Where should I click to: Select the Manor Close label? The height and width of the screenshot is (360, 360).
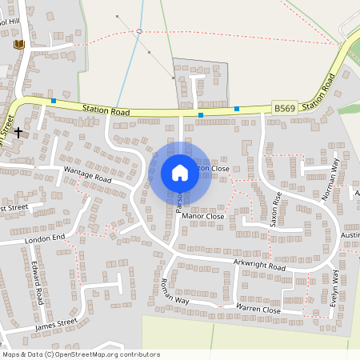pos(203,216)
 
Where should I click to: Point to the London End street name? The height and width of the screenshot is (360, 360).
pos(44,238)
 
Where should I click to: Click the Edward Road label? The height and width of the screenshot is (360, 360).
pos(38,285)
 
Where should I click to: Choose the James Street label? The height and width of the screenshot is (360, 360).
pos(56,324)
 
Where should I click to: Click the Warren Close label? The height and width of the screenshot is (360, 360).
pos(258,309)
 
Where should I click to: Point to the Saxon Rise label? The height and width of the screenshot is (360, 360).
pos(275,210)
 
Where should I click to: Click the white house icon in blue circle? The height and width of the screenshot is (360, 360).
pos(180,173)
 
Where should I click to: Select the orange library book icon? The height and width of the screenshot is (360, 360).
pos(19,44)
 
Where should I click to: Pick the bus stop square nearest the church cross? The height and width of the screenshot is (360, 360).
pos(53,102)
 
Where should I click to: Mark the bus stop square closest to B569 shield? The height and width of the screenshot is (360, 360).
pos(237,109)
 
